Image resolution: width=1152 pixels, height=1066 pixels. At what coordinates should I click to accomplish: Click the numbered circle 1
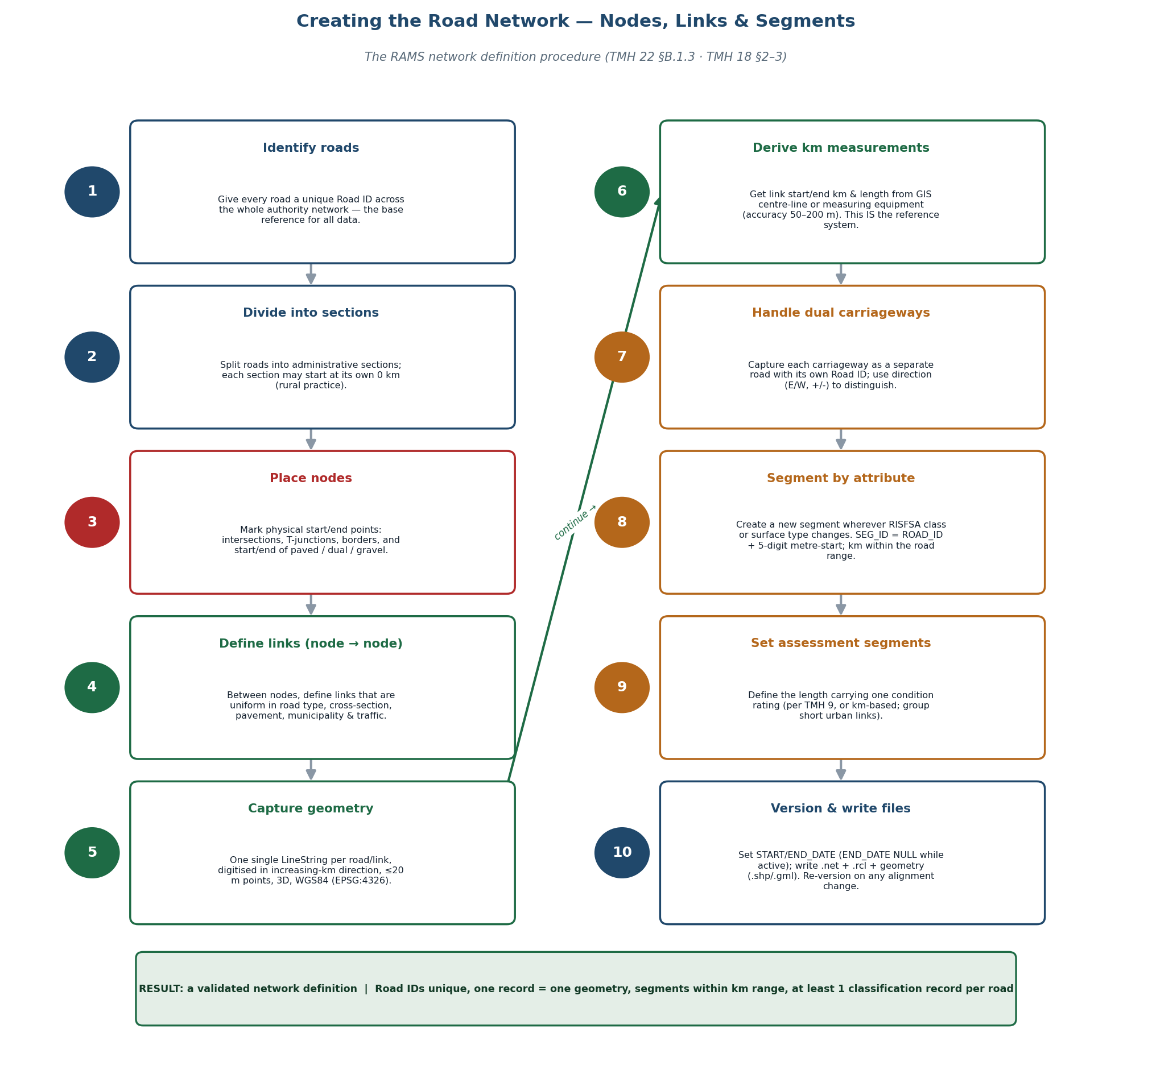point(92,192)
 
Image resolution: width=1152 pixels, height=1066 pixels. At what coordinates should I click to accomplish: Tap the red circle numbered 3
point(92,522)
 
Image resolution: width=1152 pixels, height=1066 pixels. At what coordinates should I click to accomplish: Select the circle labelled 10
point(622,853)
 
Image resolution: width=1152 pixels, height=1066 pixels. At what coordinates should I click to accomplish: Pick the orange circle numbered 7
point(622,357)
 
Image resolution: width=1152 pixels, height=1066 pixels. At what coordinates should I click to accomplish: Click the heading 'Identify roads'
point(311,148)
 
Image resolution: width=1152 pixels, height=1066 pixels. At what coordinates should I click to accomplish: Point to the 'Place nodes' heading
point(311,479)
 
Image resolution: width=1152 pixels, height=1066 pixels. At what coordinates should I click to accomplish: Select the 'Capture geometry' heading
point(311,809)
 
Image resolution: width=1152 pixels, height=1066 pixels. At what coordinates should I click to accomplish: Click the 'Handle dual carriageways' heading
point(840,313)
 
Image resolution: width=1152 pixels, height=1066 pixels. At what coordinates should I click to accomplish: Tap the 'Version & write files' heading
point(840,809)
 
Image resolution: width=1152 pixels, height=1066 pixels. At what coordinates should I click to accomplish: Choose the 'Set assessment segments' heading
point(840,644)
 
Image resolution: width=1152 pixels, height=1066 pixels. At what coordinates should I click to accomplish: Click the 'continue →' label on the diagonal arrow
point(575,522)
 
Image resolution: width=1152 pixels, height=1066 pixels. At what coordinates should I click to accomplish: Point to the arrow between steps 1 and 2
point(311,274)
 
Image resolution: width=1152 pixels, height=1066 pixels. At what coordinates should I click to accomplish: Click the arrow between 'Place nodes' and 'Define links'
point(311,604)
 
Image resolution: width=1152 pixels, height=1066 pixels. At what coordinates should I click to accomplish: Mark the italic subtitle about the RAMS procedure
point(575,57)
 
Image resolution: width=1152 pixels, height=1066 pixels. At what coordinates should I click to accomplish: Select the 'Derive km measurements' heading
point(840,148)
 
